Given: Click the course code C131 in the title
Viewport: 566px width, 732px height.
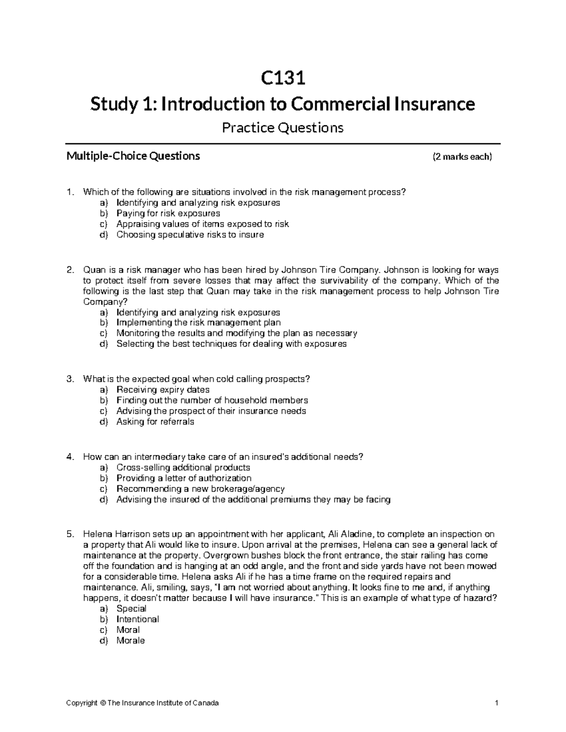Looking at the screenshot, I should pos(283,78).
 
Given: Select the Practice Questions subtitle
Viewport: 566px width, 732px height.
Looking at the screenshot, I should pos(283,128).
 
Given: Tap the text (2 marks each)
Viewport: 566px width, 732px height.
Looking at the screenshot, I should pos(462,157).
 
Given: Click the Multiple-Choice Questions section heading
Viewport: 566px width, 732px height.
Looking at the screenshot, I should pos(133,156).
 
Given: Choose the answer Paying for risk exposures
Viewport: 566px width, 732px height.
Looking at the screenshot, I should pos(168,213).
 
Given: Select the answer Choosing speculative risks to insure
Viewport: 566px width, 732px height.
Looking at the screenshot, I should pos(190,234).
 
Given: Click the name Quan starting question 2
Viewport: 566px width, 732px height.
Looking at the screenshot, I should pos(92,270).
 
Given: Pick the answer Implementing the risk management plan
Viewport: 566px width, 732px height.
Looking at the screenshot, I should pos(198,323).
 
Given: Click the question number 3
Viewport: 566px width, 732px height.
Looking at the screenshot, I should pos(70,379).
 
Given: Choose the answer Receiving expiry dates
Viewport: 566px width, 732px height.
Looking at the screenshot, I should pos(163,390).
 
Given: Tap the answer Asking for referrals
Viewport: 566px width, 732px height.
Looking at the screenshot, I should pos(155,422).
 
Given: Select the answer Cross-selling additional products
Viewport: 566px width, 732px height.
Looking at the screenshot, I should pos(183,468).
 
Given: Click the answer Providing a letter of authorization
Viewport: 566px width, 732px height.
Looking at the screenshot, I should pos(183,478).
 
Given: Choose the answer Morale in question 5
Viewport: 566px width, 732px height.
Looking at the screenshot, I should pos(131,641).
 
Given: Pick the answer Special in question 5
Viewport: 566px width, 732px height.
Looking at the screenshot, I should pos(131,609).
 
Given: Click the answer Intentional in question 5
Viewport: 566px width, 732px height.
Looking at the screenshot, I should pos(137,619).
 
